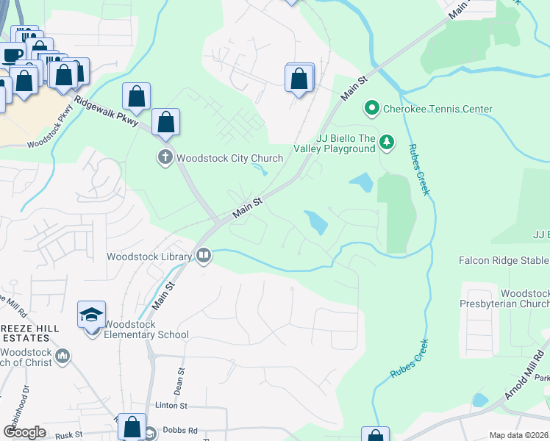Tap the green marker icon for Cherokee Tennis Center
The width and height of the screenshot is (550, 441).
(x=372, y=110)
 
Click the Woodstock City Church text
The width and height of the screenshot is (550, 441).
(x=229, y=158)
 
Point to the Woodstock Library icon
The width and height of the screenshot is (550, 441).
(x=204, y=257)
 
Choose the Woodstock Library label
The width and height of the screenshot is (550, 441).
(x=149, y=257)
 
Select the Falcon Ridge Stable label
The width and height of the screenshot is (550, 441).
(x=504, y=260)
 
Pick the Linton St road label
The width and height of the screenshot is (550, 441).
(x=171, y=405)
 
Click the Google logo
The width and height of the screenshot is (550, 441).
(x=24, y=431)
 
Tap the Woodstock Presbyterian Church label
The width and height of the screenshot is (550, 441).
(x=514, y=298)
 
